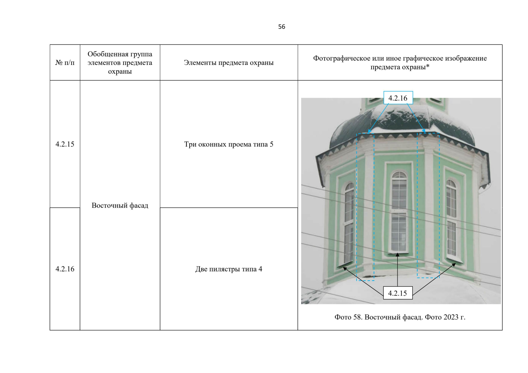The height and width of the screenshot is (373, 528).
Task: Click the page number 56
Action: point(282,27)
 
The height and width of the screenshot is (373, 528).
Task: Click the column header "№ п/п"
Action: point(65,62)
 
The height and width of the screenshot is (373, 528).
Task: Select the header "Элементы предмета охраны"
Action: point(229,62)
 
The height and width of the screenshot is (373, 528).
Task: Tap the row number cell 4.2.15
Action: point(65,144)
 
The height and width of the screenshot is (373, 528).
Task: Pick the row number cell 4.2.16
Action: point(65,269)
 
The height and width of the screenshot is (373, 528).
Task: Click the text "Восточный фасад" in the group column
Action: point(120,205)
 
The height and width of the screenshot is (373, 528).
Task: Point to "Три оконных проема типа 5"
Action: point(229,144)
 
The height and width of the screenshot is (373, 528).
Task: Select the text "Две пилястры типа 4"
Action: point(229,269)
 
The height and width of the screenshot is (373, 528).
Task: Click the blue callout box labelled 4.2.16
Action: point(398,98)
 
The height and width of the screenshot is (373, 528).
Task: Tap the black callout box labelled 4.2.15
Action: point(398,293)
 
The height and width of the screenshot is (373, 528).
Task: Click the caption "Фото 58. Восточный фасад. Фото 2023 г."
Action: point(400,317)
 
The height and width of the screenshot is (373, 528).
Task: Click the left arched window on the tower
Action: point(349,222)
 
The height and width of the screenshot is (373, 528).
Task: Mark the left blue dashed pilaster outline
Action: point(365,207)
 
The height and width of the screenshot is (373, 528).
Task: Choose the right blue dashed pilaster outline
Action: point(428,205)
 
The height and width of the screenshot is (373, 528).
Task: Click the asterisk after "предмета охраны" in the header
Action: point(428,67)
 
